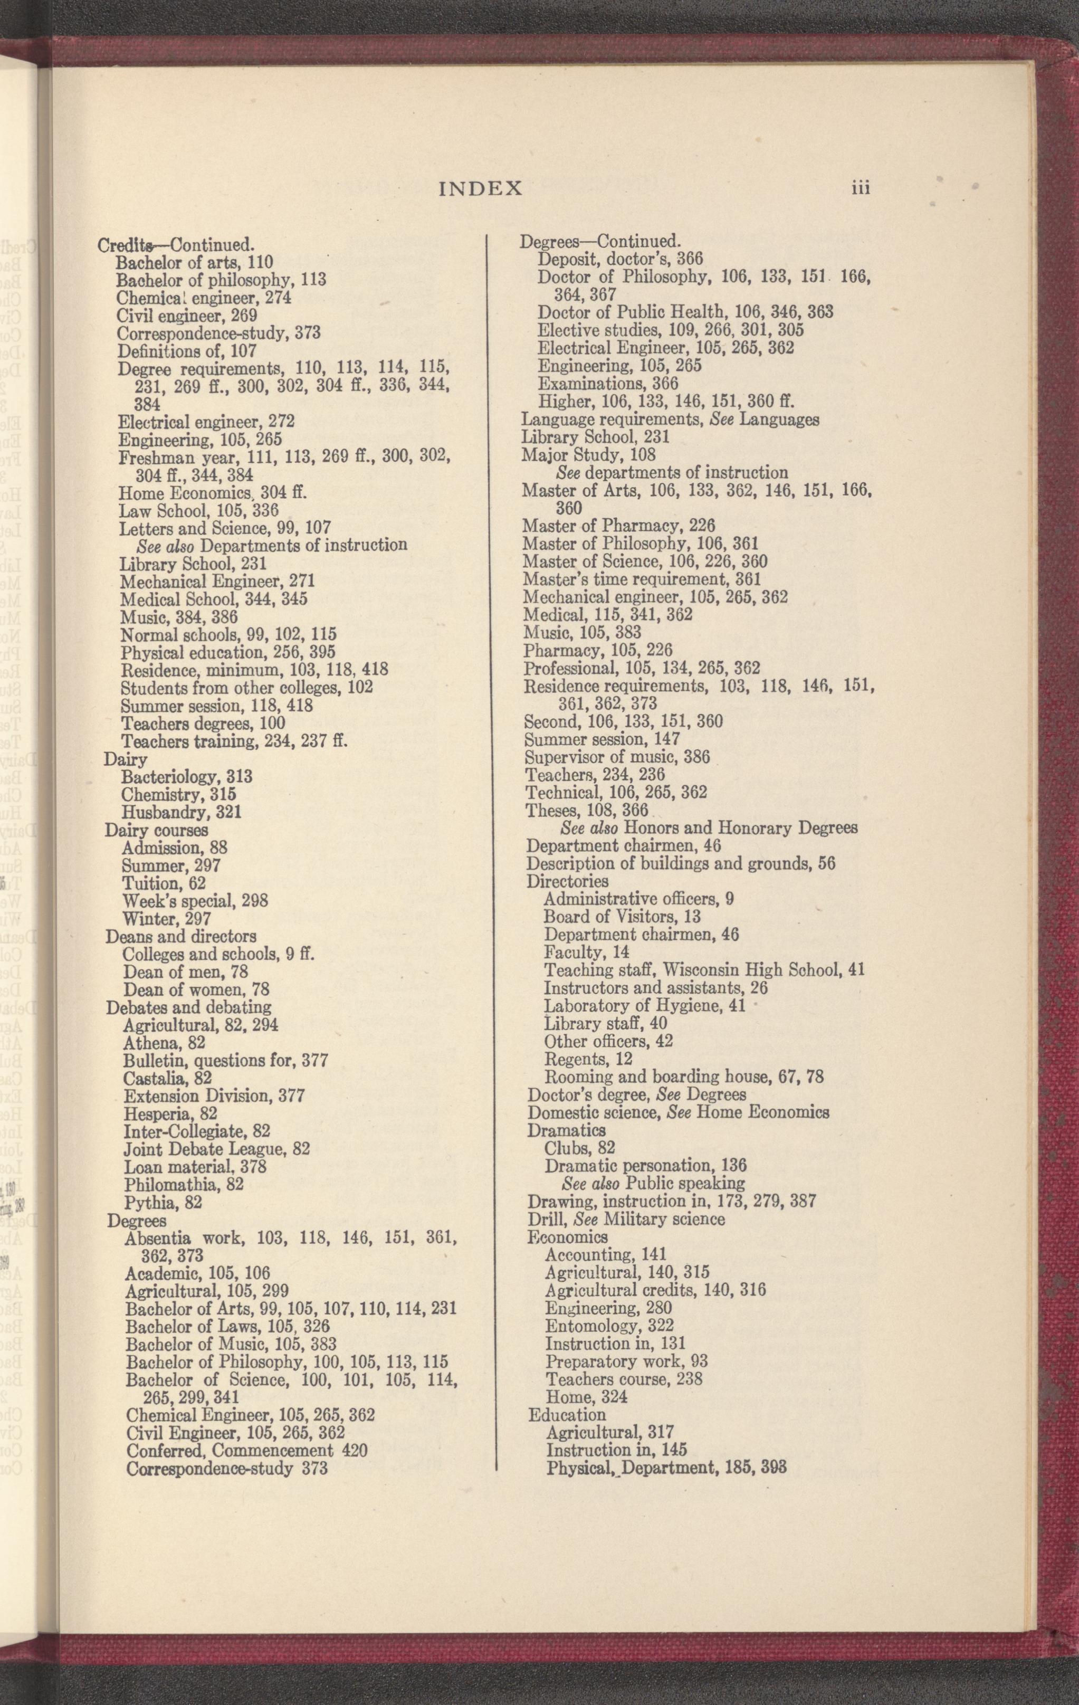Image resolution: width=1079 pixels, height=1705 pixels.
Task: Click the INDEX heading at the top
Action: tap(481, 188)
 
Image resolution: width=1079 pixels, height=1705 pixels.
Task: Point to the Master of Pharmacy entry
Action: tap(618, 526)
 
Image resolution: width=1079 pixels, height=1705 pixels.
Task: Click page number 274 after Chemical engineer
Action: tap(278, 298)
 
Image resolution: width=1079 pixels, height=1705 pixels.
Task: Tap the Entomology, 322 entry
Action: tap(609, 1326)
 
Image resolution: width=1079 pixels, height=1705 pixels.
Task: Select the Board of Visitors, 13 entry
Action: tap(622, 917)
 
